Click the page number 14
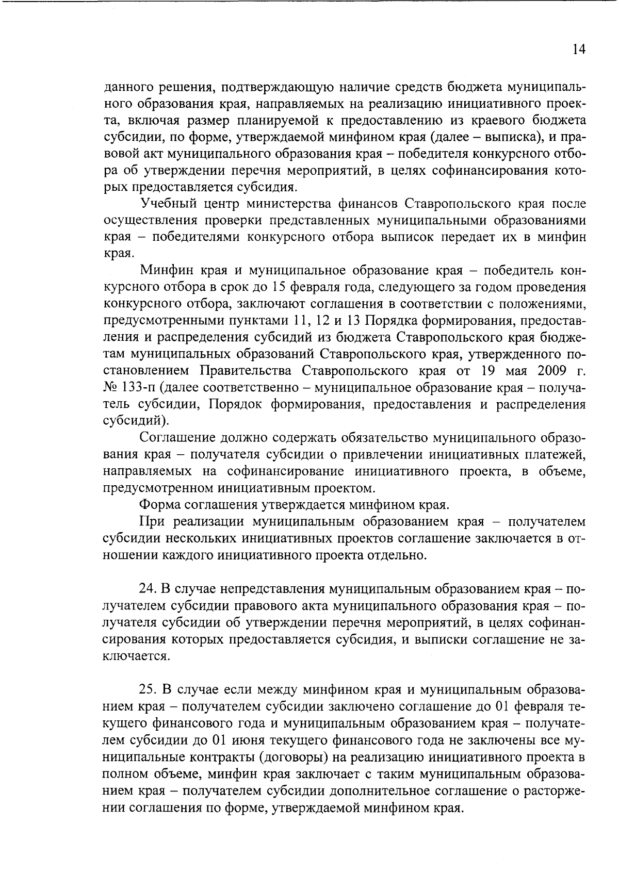point(579,50)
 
